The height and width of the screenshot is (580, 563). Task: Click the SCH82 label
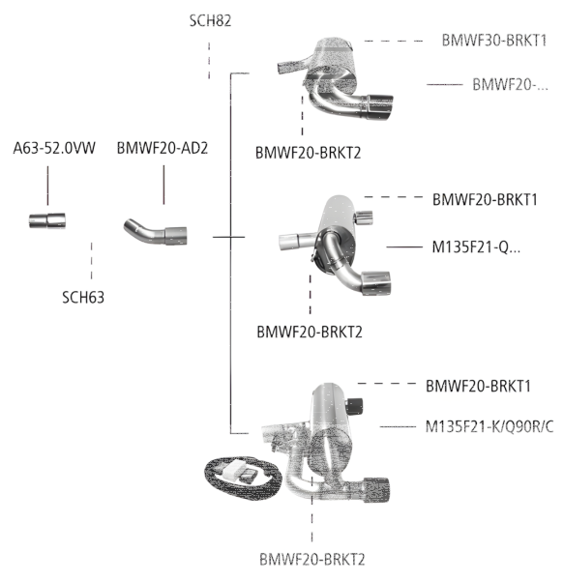coord(209,19)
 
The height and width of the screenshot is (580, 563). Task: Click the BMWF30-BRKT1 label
coord(494,41)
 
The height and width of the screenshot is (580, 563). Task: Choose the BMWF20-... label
coord(510,85)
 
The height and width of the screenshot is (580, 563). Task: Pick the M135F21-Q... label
coord(475,246)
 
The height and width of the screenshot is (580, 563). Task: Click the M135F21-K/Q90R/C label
coord(489,426)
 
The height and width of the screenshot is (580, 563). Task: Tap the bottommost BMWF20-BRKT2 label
coord(312,559)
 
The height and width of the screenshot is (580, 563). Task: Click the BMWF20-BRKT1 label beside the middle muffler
coord(490,200)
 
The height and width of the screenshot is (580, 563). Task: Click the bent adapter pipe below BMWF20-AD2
coord(156,232)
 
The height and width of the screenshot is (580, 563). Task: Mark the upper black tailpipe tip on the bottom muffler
coord(355,403)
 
